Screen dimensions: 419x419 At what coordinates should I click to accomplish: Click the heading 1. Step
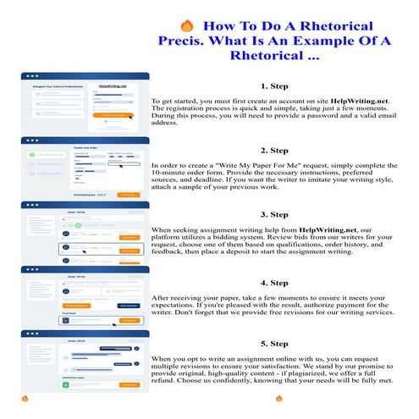pyautogui.click(x=276, y=85)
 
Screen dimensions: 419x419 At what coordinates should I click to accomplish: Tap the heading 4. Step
pyautogui.click(x=276, y=282)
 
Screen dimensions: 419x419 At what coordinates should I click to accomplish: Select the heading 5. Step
pyautogui.click(x=276, y=345)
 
